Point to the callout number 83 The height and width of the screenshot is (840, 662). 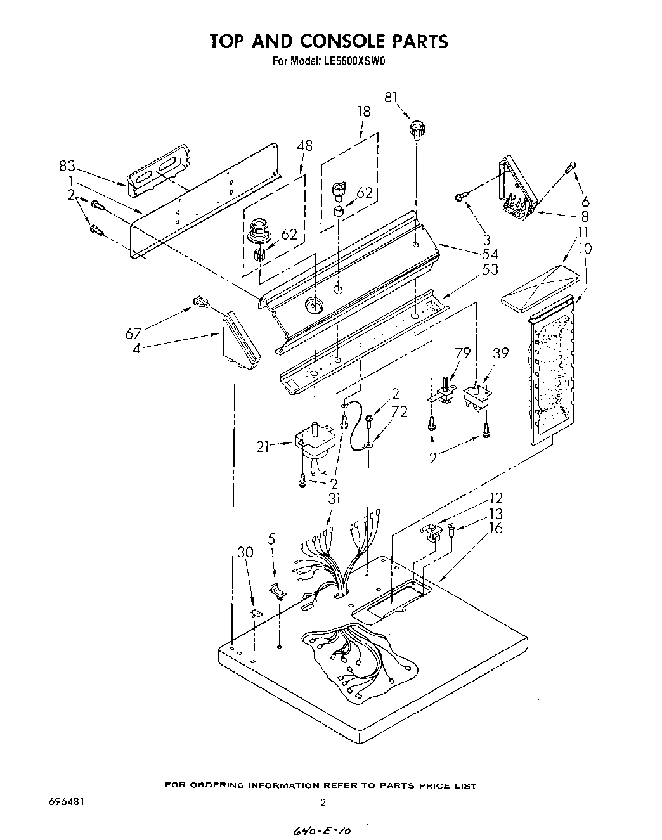pos(67,167)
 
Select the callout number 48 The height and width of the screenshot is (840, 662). pos(304,145)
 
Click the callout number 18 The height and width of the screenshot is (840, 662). pos(363,112)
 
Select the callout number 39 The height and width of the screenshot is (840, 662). pos(501,353)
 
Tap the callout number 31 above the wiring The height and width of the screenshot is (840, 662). pos(334,499)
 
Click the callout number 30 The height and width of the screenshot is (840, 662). pos(245,552)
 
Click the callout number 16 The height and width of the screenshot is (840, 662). pos(495,527)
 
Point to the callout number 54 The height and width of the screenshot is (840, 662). pos(490,254)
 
